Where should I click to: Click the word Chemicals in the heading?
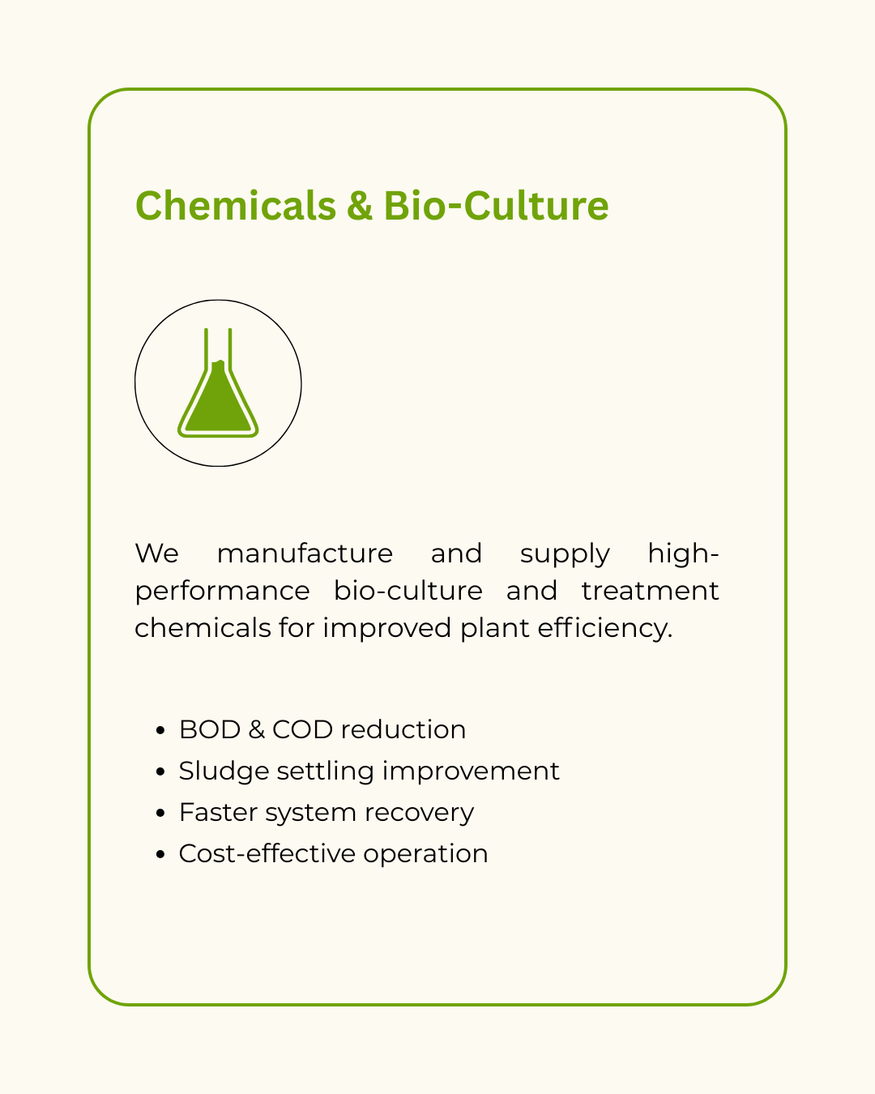[x=236, y=205]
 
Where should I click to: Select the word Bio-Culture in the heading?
[x=496, y=205]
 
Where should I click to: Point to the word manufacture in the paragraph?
[x=305, y=553]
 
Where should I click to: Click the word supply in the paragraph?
[x=565, y=554]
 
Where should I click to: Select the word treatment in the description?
[x=651, y=591]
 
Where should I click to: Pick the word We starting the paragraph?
[x=157, y=553]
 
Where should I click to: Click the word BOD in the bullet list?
[x=210, y=729]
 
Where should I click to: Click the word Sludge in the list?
[x=224, y=771]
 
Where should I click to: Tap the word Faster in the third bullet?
[x=219, y=812]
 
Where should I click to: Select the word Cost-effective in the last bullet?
[x=267, y=853]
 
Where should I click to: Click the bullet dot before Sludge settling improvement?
[x=160, y=772]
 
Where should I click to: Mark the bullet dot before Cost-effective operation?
[x=160, y=855]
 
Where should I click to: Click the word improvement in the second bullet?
[x=471, y=771]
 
